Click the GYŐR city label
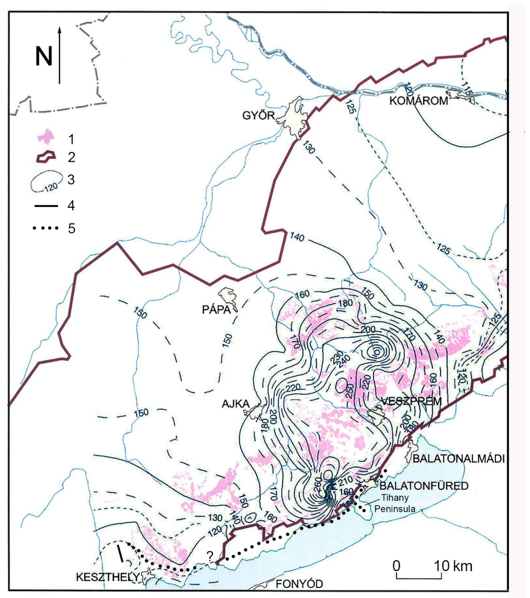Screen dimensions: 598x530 pyautogui.click(x=258, y=116)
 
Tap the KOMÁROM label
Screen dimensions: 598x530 pyautogui.click(x=419, y=101)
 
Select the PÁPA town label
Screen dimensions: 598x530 pyautogui.click(x=216, y=310)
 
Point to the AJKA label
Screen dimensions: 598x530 pyautogui.click(x=235, y=404)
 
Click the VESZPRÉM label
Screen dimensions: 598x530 pyautogui.click(x=411, y=401)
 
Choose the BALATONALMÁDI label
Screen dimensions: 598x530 pyautogui.click(x=459, y=459)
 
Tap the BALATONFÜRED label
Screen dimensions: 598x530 pyautogui.click(x=424, y=486)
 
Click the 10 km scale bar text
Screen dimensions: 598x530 pyautogui.click(x=453, y=566)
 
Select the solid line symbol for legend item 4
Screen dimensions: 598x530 pyautogui.click(x=46, y=206)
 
